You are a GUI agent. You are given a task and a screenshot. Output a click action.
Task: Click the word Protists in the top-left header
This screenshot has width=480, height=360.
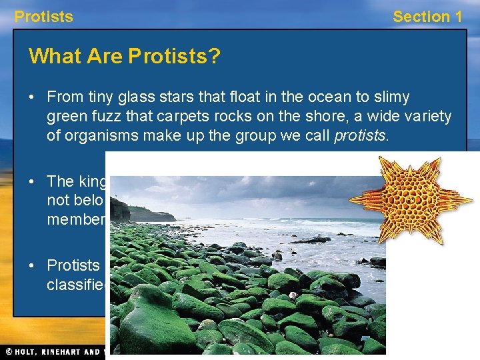[43, 17]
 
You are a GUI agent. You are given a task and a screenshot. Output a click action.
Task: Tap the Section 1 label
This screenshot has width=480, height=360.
[427, 17]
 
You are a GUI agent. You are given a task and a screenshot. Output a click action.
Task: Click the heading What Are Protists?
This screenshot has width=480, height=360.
[124, 56]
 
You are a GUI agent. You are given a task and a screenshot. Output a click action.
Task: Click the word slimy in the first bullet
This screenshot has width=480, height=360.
[386, 97]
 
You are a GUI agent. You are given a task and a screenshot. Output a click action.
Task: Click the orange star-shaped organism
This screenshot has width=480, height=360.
[401, 198]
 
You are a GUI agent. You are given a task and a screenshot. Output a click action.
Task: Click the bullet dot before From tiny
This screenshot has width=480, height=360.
[32, 97]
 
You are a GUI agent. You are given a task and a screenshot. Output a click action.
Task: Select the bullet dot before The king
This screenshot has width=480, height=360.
[32, 181]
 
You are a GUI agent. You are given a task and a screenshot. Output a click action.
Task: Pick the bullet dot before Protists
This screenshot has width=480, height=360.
[32, 265]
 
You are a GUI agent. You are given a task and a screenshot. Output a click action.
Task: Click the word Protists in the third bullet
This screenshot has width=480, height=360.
[73, 265]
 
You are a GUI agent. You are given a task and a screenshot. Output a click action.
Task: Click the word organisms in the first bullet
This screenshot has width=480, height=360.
[108, 136]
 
